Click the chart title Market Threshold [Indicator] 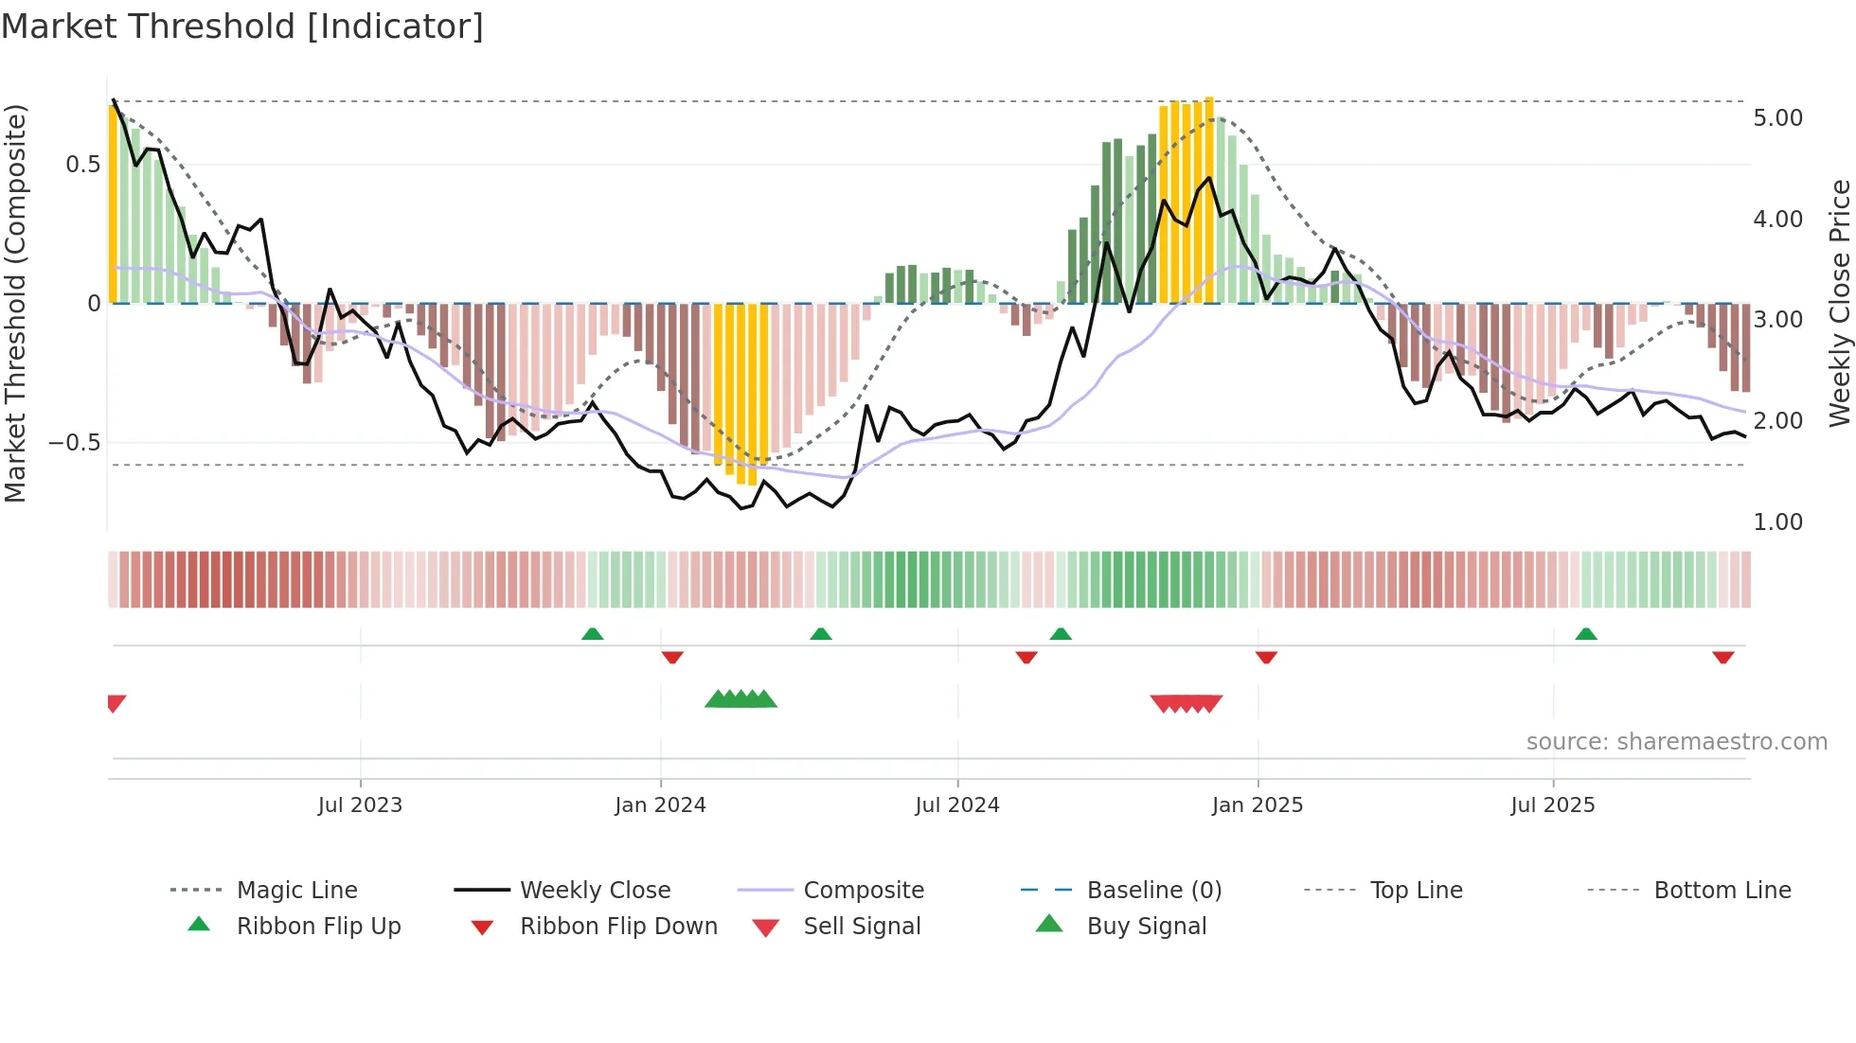242,27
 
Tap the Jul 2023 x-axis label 360,805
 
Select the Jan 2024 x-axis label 660,805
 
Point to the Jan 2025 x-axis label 1257,805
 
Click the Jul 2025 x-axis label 1552,805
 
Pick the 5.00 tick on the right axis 1777,118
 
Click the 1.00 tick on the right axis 1777,522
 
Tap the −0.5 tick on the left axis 74,443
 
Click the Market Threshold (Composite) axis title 15,303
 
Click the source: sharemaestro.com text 1676,742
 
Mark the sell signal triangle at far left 116,702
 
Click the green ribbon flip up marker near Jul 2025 1586,634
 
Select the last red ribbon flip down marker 1722,657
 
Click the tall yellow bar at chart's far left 114,203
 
